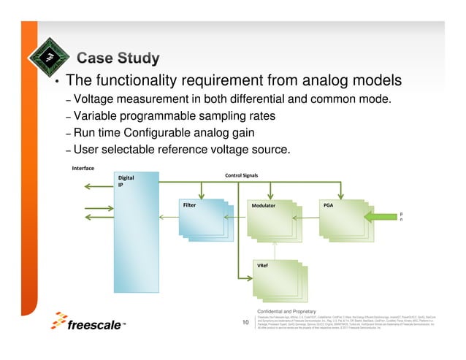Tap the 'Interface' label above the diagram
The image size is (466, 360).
click(84, 168)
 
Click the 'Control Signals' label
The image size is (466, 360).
click(246, 175)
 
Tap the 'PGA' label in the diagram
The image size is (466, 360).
click(328, 205)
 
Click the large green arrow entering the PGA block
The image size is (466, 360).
click(379, 218)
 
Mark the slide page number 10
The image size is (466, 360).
click(245, 321)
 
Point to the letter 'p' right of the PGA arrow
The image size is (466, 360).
click(400, 214)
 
